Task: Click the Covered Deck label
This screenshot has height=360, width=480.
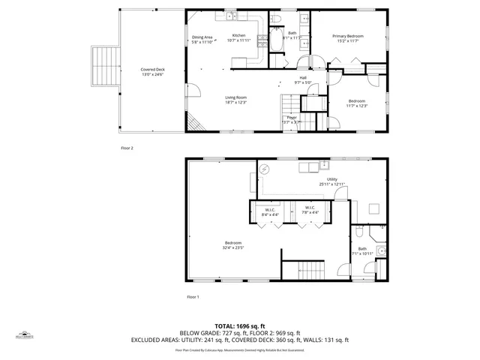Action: point(153,70)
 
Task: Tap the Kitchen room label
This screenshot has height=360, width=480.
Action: point(239,36)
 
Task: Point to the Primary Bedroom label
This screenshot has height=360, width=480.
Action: point(349,36)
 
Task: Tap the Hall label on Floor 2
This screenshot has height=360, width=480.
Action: point(303,77)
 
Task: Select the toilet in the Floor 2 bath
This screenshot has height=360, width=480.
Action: point(276,18)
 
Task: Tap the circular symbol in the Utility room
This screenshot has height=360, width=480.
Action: point(264,170)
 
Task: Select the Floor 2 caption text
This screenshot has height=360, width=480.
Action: point(127,148)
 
